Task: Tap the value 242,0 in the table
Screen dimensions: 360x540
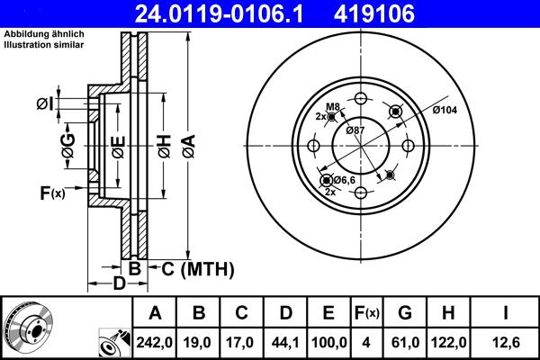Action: (x=155, y=341)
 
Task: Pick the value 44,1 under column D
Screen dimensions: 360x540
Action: (x=285, y=341)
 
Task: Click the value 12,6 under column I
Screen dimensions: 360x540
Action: (x=507, y=341)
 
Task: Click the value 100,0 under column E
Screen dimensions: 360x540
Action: (x=328, y=341)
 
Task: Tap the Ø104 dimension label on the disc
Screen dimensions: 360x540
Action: (x=445, y=110)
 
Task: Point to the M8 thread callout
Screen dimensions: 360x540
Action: (x=332, y=107)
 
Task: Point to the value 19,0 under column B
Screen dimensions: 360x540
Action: (x=199, y=341)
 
